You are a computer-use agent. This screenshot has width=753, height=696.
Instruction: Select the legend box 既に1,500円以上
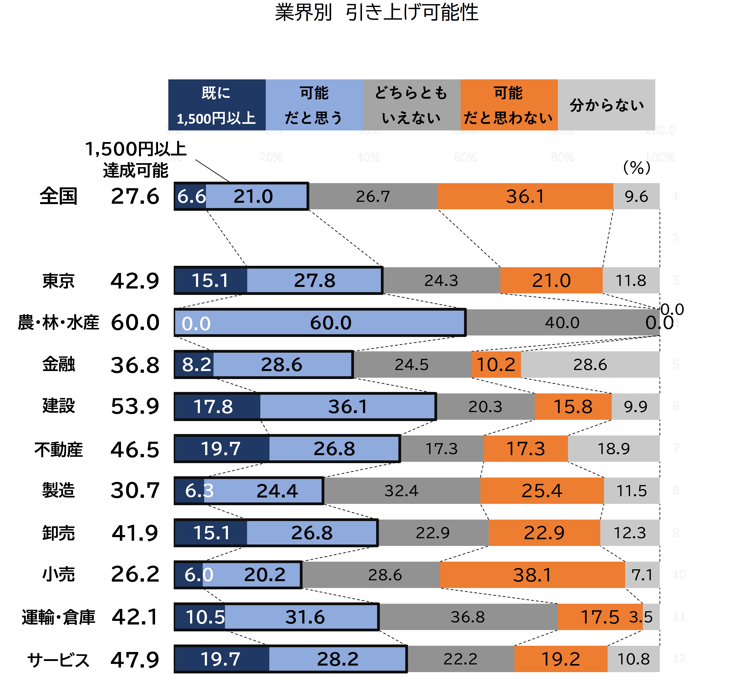tap(217, 105)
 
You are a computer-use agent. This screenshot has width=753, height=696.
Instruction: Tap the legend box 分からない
tap(606, 105)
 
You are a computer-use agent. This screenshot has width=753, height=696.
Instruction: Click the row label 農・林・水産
tap(58, 323)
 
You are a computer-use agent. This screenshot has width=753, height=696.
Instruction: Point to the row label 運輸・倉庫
tap(58, 617)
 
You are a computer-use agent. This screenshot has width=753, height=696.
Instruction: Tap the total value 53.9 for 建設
tap(135, 406)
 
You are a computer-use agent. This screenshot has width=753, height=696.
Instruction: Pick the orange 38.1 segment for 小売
tap(532, 575)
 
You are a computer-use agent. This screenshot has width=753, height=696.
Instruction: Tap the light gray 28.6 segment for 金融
tap(590, 365)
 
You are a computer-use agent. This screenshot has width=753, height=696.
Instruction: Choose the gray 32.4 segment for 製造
tap(402, 491)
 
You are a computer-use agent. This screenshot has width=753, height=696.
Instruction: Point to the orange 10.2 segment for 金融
tap(496, 365)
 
